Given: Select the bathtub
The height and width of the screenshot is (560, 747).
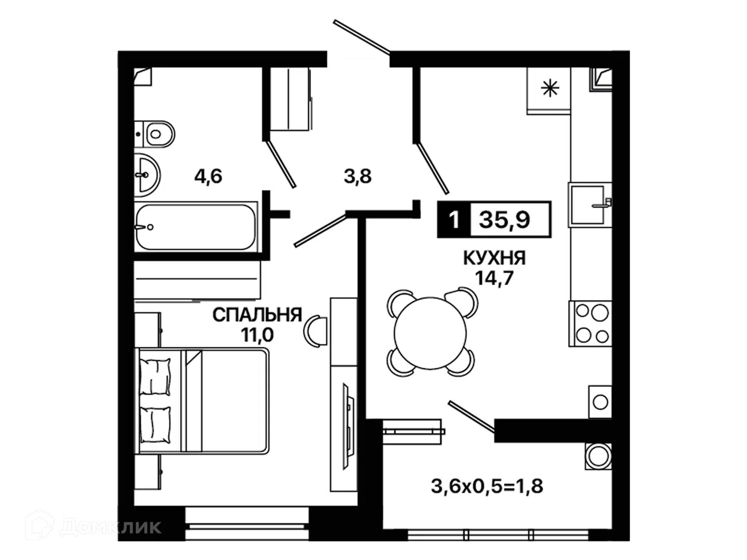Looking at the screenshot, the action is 196,227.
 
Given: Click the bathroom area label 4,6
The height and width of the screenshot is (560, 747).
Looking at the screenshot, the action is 208,176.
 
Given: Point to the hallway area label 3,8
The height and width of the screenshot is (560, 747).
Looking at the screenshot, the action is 357,176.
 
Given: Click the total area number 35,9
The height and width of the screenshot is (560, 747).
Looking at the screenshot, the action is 505,220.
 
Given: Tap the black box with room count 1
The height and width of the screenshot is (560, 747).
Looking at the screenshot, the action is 454,220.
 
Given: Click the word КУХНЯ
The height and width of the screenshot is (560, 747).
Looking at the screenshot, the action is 494,258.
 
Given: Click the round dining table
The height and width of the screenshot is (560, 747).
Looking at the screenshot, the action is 431,333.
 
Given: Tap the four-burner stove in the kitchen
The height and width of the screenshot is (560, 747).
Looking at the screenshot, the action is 590,324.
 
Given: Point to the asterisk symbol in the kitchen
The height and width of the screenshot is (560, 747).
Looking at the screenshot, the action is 550,88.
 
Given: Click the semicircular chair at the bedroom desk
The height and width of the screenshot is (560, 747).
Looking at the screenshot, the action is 315,331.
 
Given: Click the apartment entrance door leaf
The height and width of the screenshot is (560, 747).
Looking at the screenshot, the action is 362,37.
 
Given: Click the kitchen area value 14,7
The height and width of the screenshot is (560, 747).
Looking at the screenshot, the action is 494,278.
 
